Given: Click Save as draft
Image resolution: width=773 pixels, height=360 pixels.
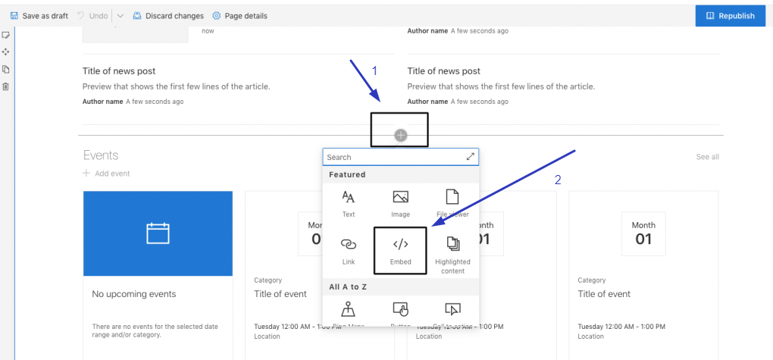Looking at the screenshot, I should (x=39, y=16).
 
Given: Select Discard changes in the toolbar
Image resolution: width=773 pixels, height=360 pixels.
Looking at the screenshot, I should (x=168, y=16).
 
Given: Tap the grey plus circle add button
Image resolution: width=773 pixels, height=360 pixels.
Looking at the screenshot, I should (x=400, y=135).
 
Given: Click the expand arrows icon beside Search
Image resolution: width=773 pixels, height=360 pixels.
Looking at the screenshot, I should (x=471, y=157).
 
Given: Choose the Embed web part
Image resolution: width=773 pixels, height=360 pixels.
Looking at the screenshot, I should (x=400, y=251).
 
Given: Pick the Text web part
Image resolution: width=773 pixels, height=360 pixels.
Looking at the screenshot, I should (x=349, y=203).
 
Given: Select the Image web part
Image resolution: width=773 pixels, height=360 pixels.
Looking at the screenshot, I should (x=400, y=203).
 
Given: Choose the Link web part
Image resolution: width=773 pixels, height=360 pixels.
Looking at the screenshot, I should (x=349, y=251).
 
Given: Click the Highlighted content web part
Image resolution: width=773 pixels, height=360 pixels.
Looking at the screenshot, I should (x=452, y=251).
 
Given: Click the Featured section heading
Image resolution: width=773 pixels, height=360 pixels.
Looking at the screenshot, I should (x=347, y=174).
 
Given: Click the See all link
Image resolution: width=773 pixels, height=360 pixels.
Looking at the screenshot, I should (x=707, y=157).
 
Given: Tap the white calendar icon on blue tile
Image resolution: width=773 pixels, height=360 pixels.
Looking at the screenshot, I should (x=158, y=233).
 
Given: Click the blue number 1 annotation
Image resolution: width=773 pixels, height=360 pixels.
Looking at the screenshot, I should (x=374, y=70).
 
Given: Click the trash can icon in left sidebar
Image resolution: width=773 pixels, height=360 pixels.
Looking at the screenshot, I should (x=5, y=86).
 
